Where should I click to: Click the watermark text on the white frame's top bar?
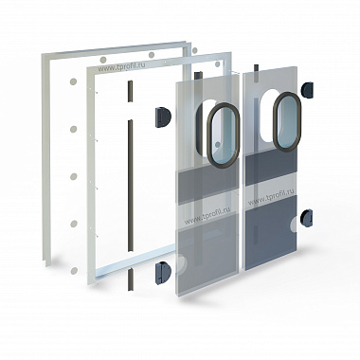121,67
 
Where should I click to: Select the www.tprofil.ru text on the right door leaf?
271,197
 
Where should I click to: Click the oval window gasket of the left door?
223,135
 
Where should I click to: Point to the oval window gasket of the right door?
287,121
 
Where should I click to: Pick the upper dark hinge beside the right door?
307,90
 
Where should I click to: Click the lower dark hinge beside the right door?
306,218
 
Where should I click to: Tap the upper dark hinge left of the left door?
162,117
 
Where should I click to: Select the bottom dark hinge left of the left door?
163,273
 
